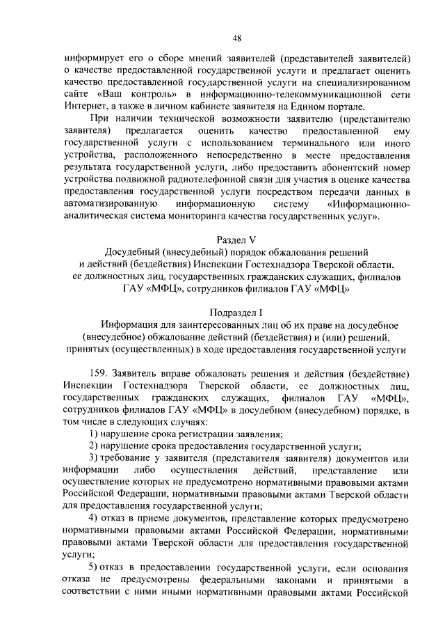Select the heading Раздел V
[x=236, y=239]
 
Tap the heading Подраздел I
[x=236, y=313]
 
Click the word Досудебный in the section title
[x=135, y=251]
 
